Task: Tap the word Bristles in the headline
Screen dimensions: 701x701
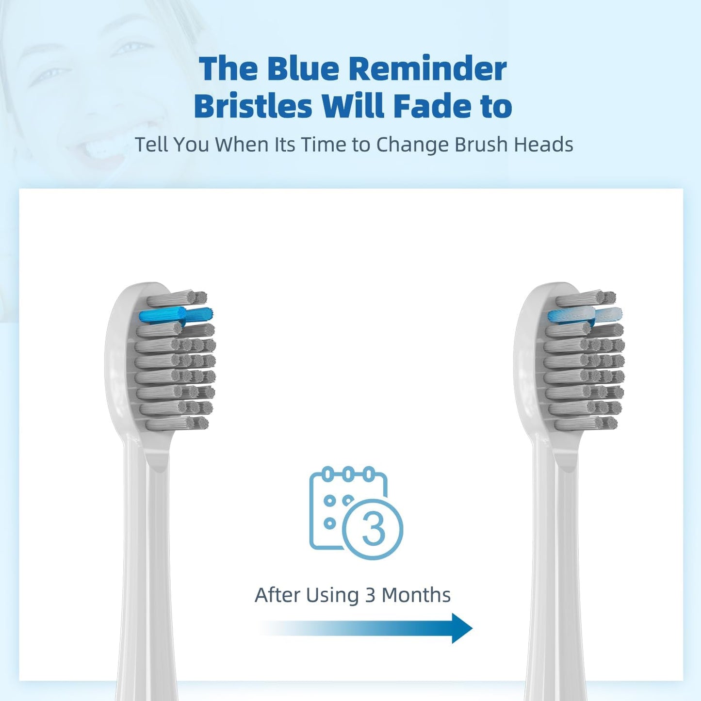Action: coord(253,106)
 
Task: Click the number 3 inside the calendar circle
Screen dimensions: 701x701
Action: coord(373,529)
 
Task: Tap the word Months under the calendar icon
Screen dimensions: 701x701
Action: coord(416,595)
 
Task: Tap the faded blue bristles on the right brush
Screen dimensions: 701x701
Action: coord(585,315)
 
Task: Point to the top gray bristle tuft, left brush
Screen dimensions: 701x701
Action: coord(177,298)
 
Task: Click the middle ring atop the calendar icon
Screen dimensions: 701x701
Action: coord(348,473)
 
